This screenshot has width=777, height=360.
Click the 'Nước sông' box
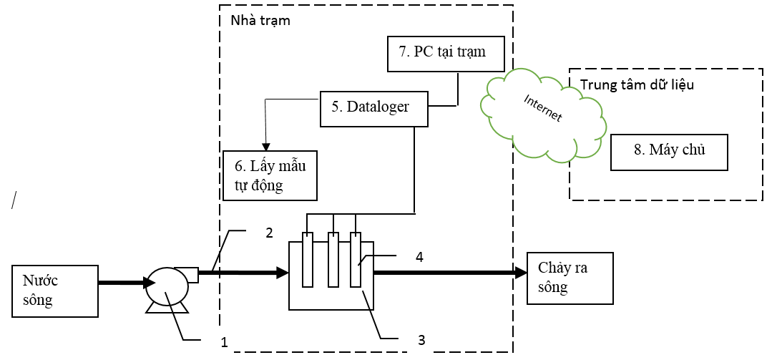click(x=55, y=291)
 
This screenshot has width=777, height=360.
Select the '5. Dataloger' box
click(x=373, y=107)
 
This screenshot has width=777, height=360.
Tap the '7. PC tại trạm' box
click(x=446, y=53)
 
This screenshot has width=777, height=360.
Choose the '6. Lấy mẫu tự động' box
click(x=269, y=175)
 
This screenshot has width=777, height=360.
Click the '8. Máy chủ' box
click(x=669, y=152)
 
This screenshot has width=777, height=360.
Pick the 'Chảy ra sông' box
click(x=570, y=278)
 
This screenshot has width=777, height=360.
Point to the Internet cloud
click(x=542, y=115)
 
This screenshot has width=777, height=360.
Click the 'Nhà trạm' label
click(x=260, y=20)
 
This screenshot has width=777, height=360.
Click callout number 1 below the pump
click(x=225, y=343)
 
